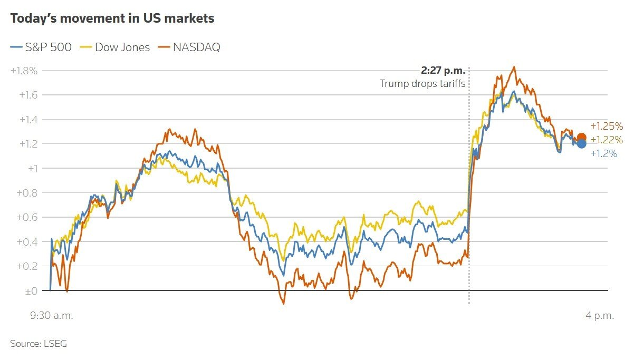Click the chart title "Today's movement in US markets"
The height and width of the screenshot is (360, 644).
pos(112,18)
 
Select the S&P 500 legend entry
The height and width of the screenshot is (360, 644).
pos(42,47)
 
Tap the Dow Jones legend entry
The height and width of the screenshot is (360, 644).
pos(116,47)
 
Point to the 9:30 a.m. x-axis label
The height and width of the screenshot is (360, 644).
pos(51,316)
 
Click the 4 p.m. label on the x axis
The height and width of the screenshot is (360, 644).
pos(600,316)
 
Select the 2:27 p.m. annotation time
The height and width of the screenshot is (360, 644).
pos(443,71)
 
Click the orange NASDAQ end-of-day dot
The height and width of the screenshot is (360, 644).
pos(581,138)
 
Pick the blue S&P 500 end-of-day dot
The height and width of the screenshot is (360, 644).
pos(581,144)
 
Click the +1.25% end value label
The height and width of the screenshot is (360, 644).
pos(607,127)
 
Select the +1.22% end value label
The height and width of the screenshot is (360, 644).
pos(607,140)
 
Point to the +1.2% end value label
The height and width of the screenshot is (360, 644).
pos(604,154)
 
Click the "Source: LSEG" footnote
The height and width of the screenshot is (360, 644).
pos(39,344)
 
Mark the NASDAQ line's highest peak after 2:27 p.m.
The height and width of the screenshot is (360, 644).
pos(514,67)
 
